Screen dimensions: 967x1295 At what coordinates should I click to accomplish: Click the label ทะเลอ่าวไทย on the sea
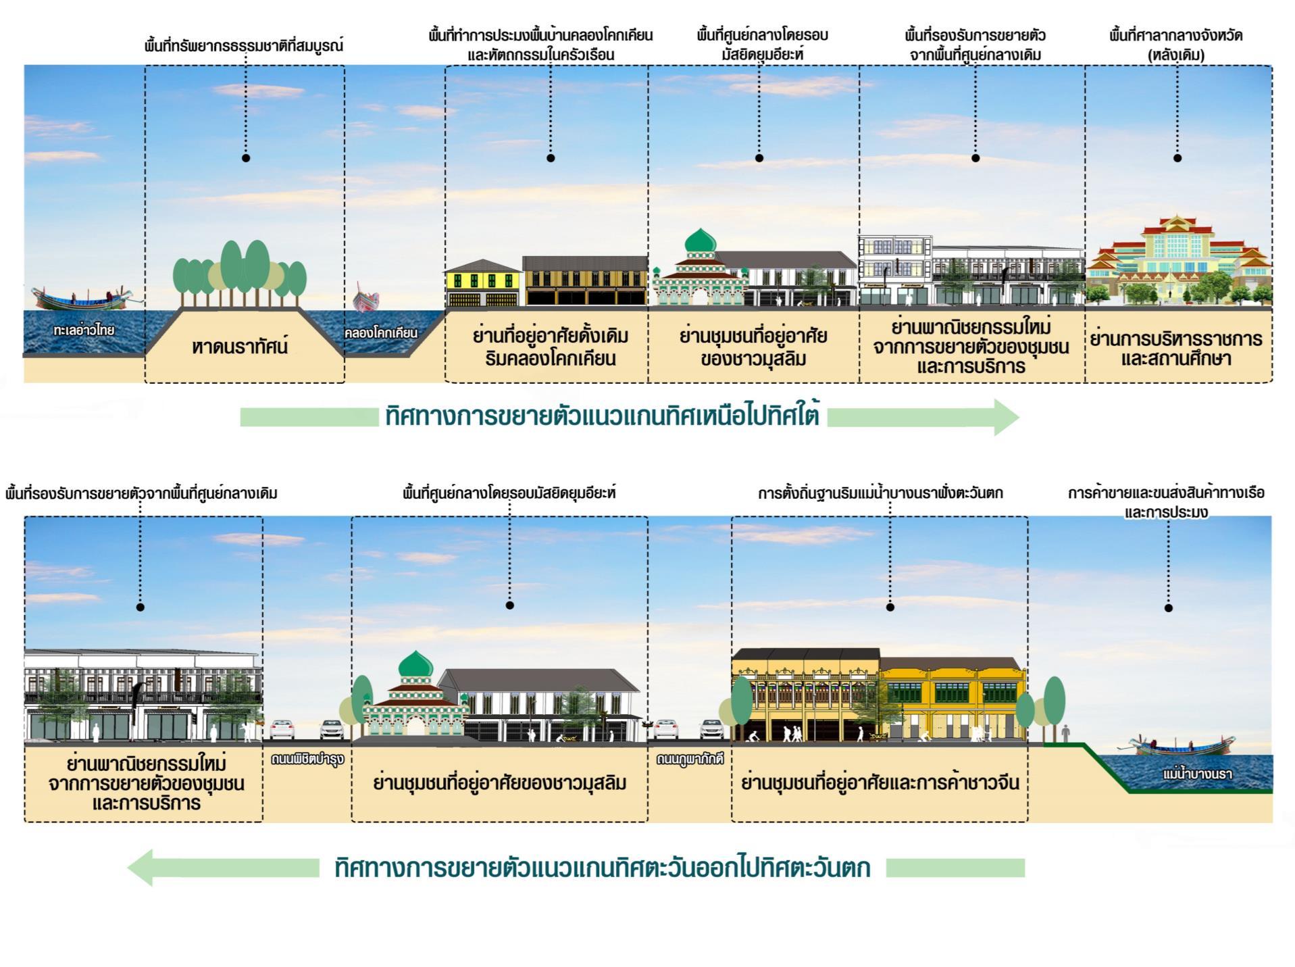[83, 330]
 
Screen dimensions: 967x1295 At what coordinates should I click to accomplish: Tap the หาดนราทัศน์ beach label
[240, 347]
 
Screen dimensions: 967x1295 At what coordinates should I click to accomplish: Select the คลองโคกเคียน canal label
[380, 333]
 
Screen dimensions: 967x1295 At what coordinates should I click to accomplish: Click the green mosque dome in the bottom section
[415, 665]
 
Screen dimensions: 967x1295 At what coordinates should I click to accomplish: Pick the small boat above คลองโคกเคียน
[366, 299]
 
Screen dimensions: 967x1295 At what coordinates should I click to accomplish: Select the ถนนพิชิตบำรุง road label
[307, 759]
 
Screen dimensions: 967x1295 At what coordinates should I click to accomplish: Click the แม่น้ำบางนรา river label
[1197, 774]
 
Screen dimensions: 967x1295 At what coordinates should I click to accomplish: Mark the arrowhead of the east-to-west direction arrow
[141, 867]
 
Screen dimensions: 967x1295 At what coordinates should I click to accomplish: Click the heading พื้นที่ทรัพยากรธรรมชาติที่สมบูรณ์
[245, 46]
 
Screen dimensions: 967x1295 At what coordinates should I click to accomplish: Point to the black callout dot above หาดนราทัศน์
[246, 158]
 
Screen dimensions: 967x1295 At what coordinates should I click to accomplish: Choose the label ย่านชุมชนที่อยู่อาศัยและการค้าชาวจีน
[880, 783]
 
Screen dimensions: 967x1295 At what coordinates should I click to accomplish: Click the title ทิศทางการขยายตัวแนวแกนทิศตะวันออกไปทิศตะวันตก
[603, 868]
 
